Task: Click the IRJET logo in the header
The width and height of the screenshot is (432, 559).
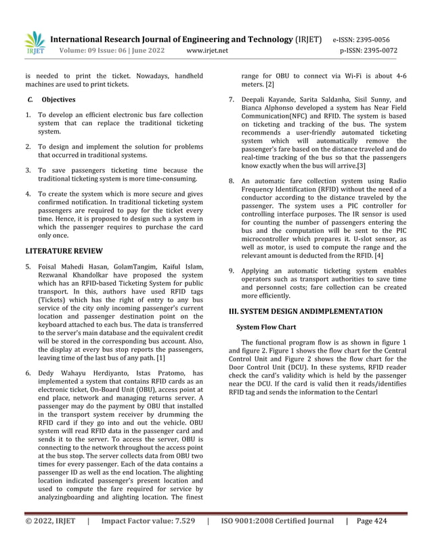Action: [x=35, y=42]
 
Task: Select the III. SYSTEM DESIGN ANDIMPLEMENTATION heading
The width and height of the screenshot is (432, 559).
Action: [x=305, y=311]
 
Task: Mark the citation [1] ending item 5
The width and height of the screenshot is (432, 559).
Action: [x=160, y=357]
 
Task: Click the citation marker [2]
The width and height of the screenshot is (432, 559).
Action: [x=269, y=85]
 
